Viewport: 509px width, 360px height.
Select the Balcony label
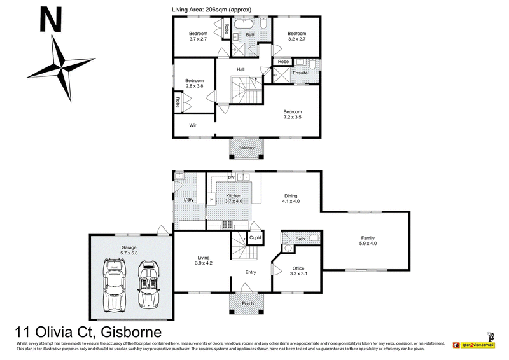click(246, 148)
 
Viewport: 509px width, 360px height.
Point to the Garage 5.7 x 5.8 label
click(130, 249)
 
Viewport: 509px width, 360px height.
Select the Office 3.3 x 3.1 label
click(298, 271)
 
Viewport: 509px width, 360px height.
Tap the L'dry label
click(188, 201)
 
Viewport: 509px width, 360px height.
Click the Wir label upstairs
click(192, 125)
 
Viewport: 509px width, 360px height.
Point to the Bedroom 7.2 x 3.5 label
click(293, 114)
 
